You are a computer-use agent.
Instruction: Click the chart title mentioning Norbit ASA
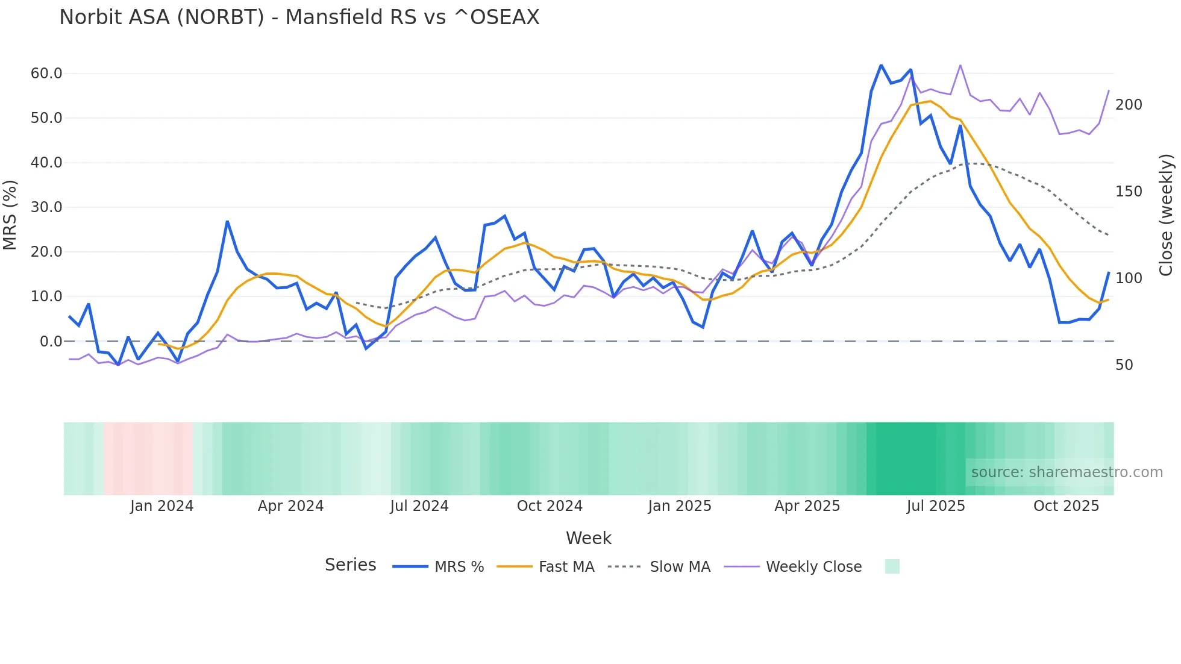(299, 17)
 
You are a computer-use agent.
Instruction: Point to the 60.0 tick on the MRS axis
(46, 74)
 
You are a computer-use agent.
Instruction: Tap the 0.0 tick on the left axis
(51, 342)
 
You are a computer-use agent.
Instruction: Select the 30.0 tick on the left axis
(46, 207)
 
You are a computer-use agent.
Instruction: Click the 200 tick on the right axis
(1129, 105)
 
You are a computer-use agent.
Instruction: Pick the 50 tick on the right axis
(1124, 365)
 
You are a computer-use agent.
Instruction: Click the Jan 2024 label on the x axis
(161, 506)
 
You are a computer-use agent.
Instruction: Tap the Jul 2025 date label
(935, 506)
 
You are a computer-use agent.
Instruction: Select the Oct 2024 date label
(550, 506)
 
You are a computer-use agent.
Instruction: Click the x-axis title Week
(588, 538)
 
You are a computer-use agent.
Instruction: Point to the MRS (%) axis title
(10, 215)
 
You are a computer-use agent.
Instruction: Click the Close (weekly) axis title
(1166, 215)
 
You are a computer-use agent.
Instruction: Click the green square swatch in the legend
(892, 566)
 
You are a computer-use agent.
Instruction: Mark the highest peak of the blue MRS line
(881, 65)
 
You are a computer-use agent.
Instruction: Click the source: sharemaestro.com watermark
(1067, 472)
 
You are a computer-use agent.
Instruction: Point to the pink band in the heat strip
(148, 459)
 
